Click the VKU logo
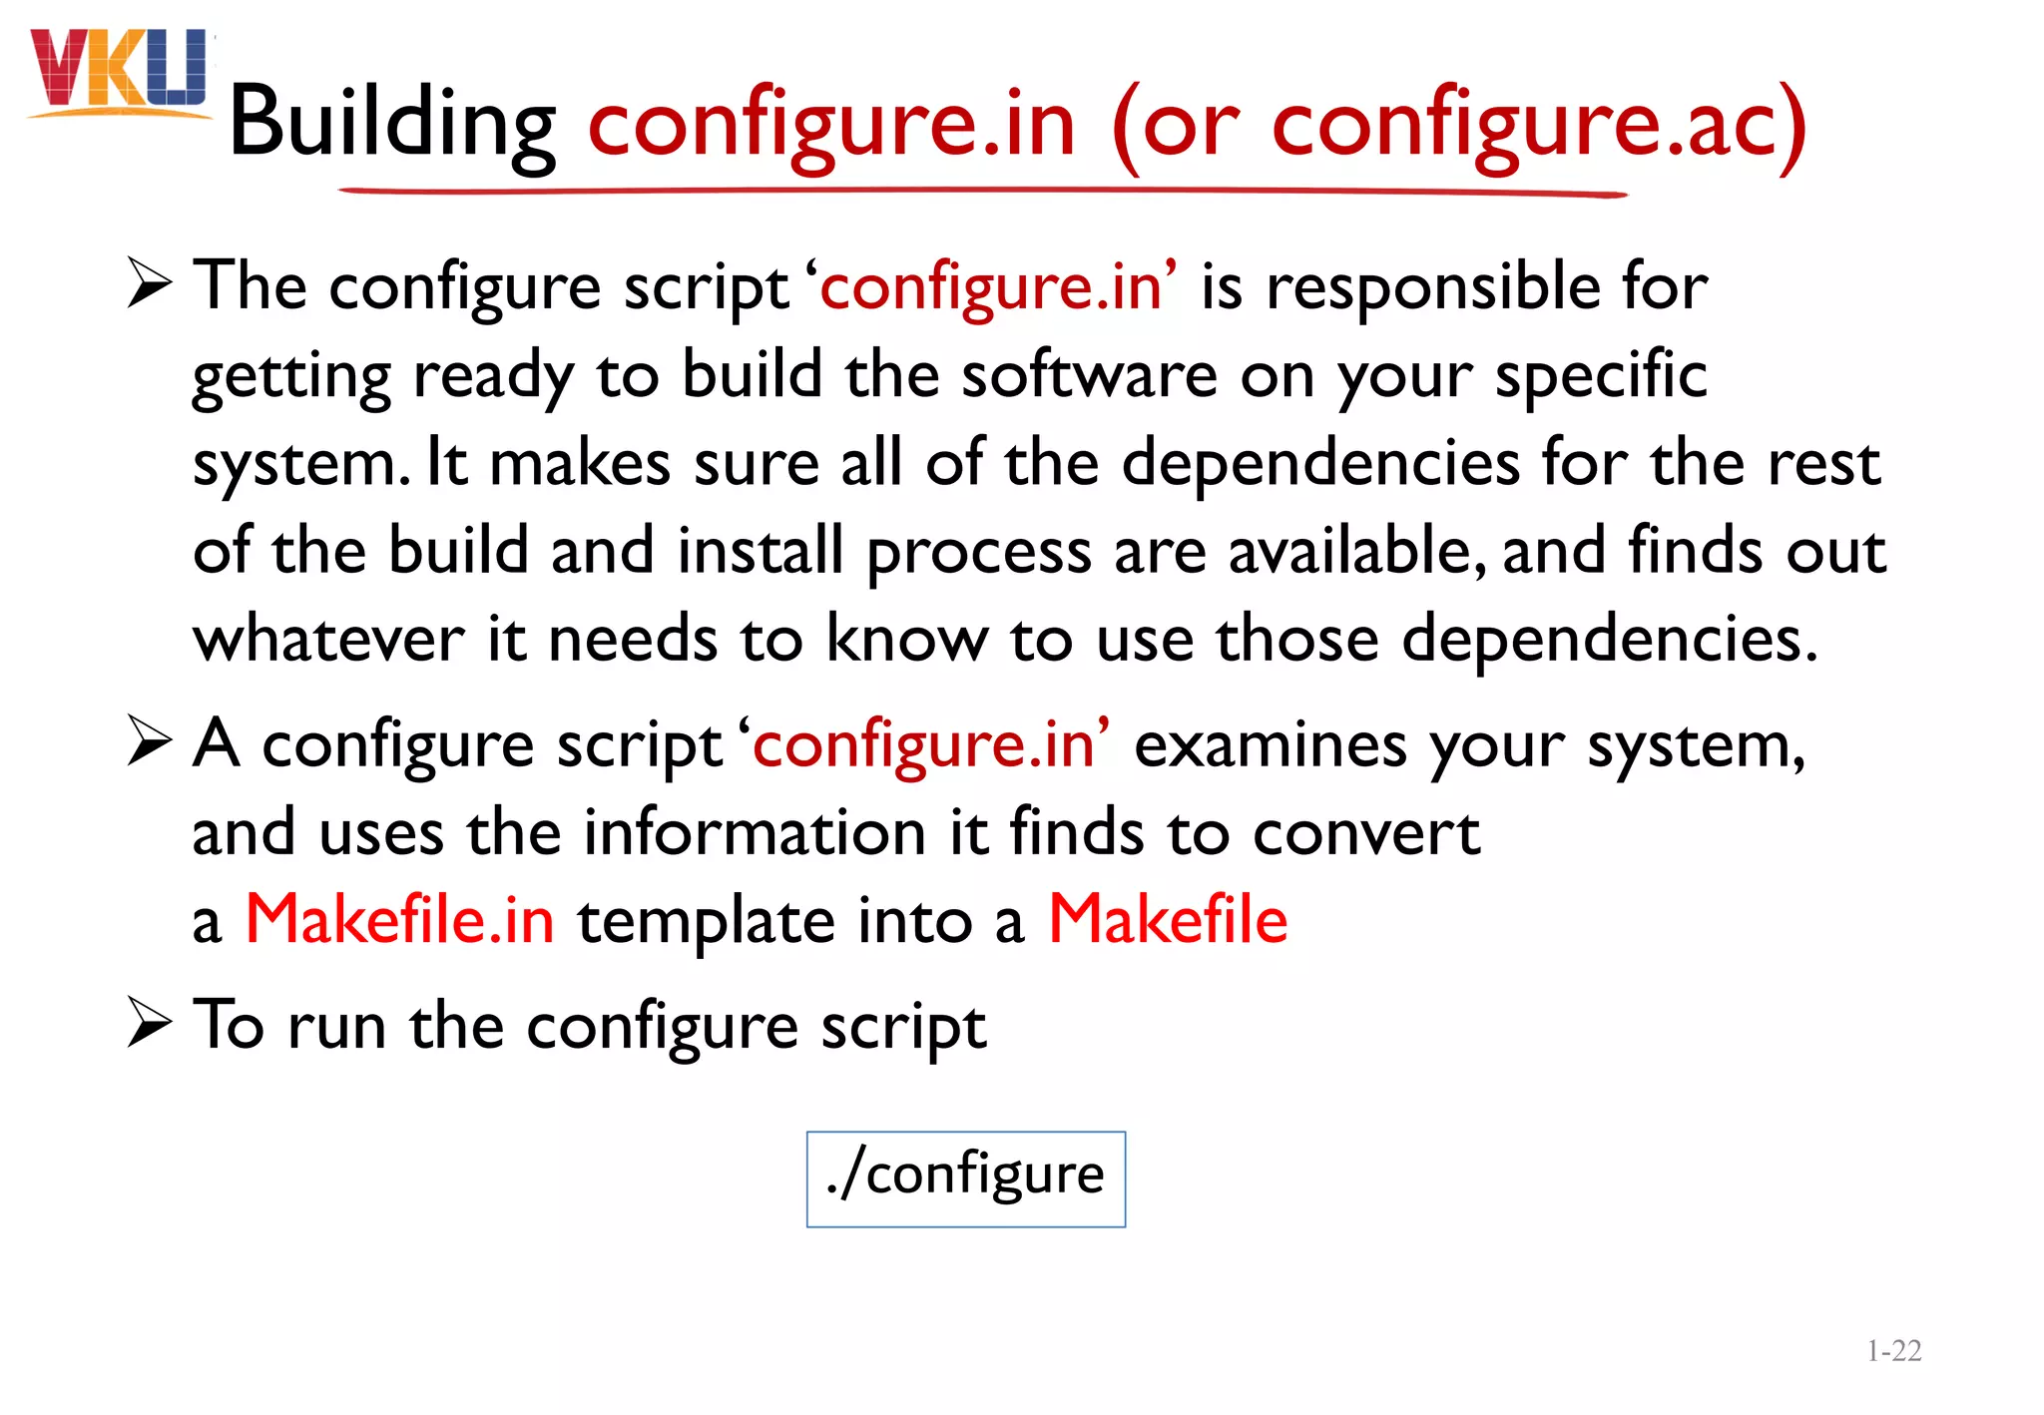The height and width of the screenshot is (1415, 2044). tap(120, 72)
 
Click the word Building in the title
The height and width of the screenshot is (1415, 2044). tap(392, 124)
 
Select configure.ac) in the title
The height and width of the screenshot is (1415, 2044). tap(1538, 124)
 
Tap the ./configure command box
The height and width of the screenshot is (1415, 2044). tap(965, 1179)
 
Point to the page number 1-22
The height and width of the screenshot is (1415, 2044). tap(1893, 1351)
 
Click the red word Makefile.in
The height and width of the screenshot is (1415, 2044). tap(399, 919)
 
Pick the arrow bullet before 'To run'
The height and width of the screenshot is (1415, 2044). tap(151, 1025)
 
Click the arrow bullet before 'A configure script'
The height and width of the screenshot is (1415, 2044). tap(151, 743)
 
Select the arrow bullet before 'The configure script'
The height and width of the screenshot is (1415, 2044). tap(151, 285)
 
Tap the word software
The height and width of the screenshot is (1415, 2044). tap(1089, 375)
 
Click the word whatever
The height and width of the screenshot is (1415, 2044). tap(328, 639)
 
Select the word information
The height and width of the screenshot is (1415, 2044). tap(755, 832)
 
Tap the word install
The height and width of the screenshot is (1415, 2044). tap(760, 551)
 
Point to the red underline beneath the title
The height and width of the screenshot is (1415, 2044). tap(983, 191)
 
